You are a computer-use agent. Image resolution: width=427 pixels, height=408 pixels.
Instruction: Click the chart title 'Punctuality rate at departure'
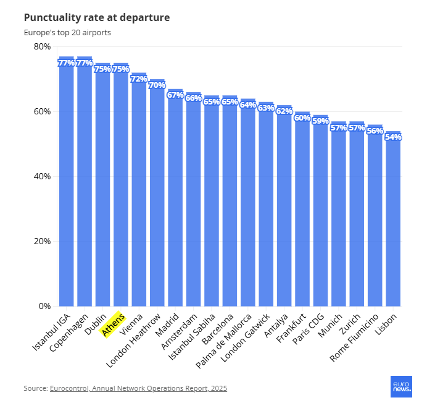coord(96,17)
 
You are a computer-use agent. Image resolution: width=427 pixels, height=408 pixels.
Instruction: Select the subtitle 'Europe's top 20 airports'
coord(67,33)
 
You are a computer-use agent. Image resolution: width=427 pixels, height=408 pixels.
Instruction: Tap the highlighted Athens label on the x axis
coord(114,325)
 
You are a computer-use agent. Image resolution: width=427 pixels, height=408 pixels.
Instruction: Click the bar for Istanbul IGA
coord(66,185)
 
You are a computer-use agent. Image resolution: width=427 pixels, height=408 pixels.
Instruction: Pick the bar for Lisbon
coord(393,223)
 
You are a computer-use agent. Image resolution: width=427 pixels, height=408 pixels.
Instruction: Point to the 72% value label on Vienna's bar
coord(139,79)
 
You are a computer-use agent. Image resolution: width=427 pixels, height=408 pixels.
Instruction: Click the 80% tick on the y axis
coord(42,47)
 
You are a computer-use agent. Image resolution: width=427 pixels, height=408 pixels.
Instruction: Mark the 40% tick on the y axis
coord(42,177)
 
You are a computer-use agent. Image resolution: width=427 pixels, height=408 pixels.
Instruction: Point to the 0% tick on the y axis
coord(44,306)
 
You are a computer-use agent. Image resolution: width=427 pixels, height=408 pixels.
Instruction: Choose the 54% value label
coord(393,137)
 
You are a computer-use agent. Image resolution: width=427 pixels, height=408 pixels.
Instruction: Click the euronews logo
coord(402,386)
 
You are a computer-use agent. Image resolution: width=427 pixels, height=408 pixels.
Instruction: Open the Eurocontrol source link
coord(138,388)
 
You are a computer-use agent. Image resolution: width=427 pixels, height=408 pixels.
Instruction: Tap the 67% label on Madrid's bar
coord(175,95)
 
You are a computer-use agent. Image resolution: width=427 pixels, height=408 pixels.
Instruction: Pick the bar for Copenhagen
coord(85,185)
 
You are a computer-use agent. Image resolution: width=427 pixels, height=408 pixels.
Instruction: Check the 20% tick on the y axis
coord(42,242)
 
